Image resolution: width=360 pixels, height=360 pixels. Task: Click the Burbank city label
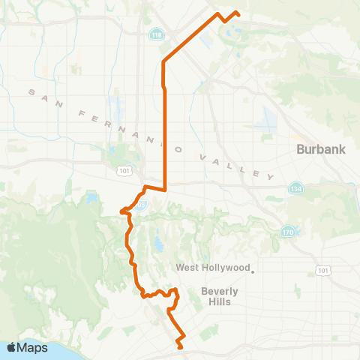tap(321, 149)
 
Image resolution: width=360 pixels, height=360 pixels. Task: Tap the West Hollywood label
tap(212, 268)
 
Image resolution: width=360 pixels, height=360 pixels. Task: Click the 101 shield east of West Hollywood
tap(323, 270)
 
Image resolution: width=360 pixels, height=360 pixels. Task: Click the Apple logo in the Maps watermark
tap(12, 348)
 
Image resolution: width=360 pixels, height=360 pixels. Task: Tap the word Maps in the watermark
tap(33, 348)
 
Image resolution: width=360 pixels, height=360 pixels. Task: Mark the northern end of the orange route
tap(238, 13)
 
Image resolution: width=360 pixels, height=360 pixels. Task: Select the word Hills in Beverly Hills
tap(221, 301)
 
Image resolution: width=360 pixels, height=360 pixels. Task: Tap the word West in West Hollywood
tap(187, 268)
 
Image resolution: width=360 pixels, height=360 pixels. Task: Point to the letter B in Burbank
tap(301, 149)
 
